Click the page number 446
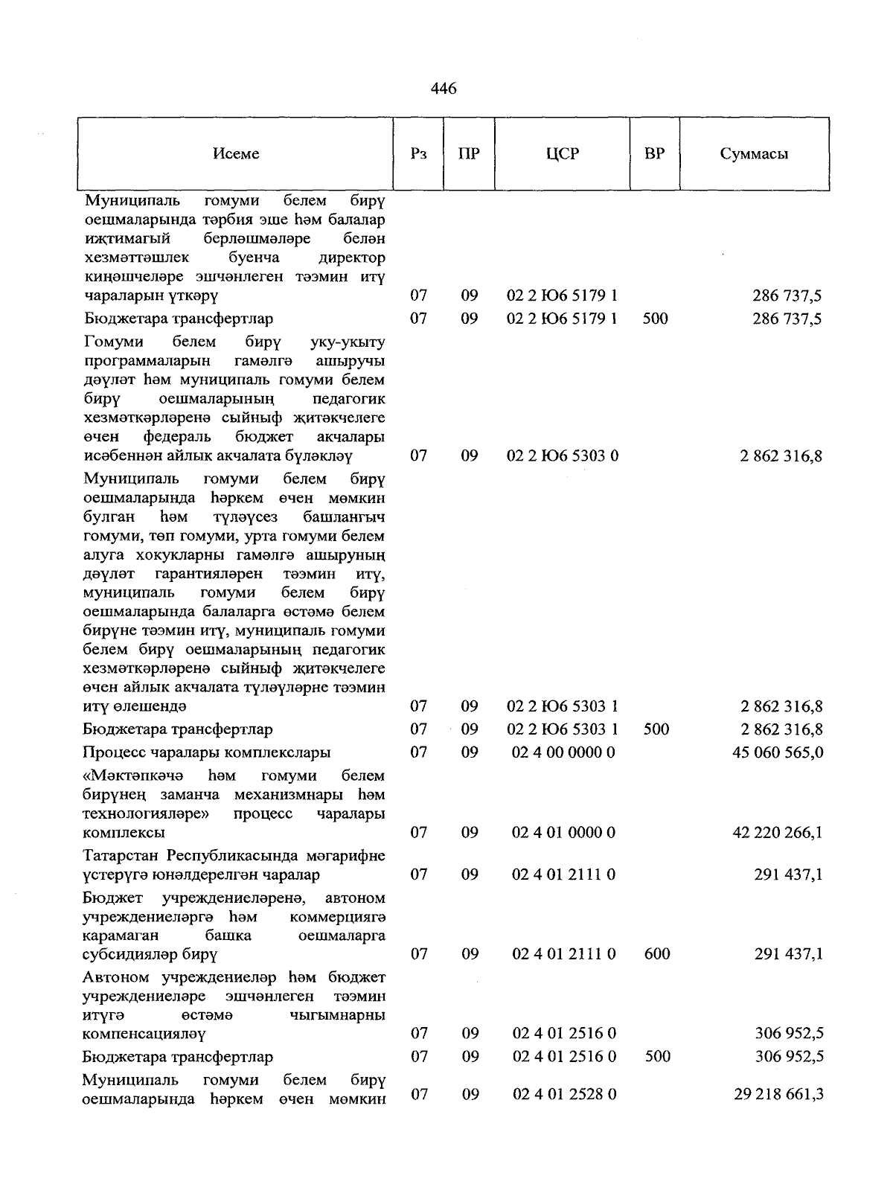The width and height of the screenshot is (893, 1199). [x=444, y=89]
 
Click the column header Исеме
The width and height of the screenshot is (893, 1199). [x=236, y=154]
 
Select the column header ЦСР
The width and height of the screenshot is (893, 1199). [x=562, y=154]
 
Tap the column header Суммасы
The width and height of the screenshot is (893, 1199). [x=754, y=154]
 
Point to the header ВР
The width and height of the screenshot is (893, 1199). [x=654, y=154]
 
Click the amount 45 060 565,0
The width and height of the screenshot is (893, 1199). [x=778, y=752]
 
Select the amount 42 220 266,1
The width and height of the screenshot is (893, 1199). [x=778, y=833]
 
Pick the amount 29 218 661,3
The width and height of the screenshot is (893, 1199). [x=778, y=1095]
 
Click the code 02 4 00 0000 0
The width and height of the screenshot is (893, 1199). [x=563, y=752]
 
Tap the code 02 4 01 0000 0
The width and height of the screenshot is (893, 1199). [x=563, y=833]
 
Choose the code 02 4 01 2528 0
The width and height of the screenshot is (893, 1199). [x=563, y=1095]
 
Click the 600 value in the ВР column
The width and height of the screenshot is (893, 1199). [x=657, y=954]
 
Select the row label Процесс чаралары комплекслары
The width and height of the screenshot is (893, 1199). [x=207, y=752]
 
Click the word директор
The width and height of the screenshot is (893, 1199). [x=351, y=258]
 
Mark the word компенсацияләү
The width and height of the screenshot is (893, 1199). [x=144, y=1034]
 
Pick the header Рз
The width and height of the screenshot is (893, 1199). [x=419, y=154]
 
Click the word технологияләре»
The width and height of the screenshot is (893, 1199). [x=147, y=814]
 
